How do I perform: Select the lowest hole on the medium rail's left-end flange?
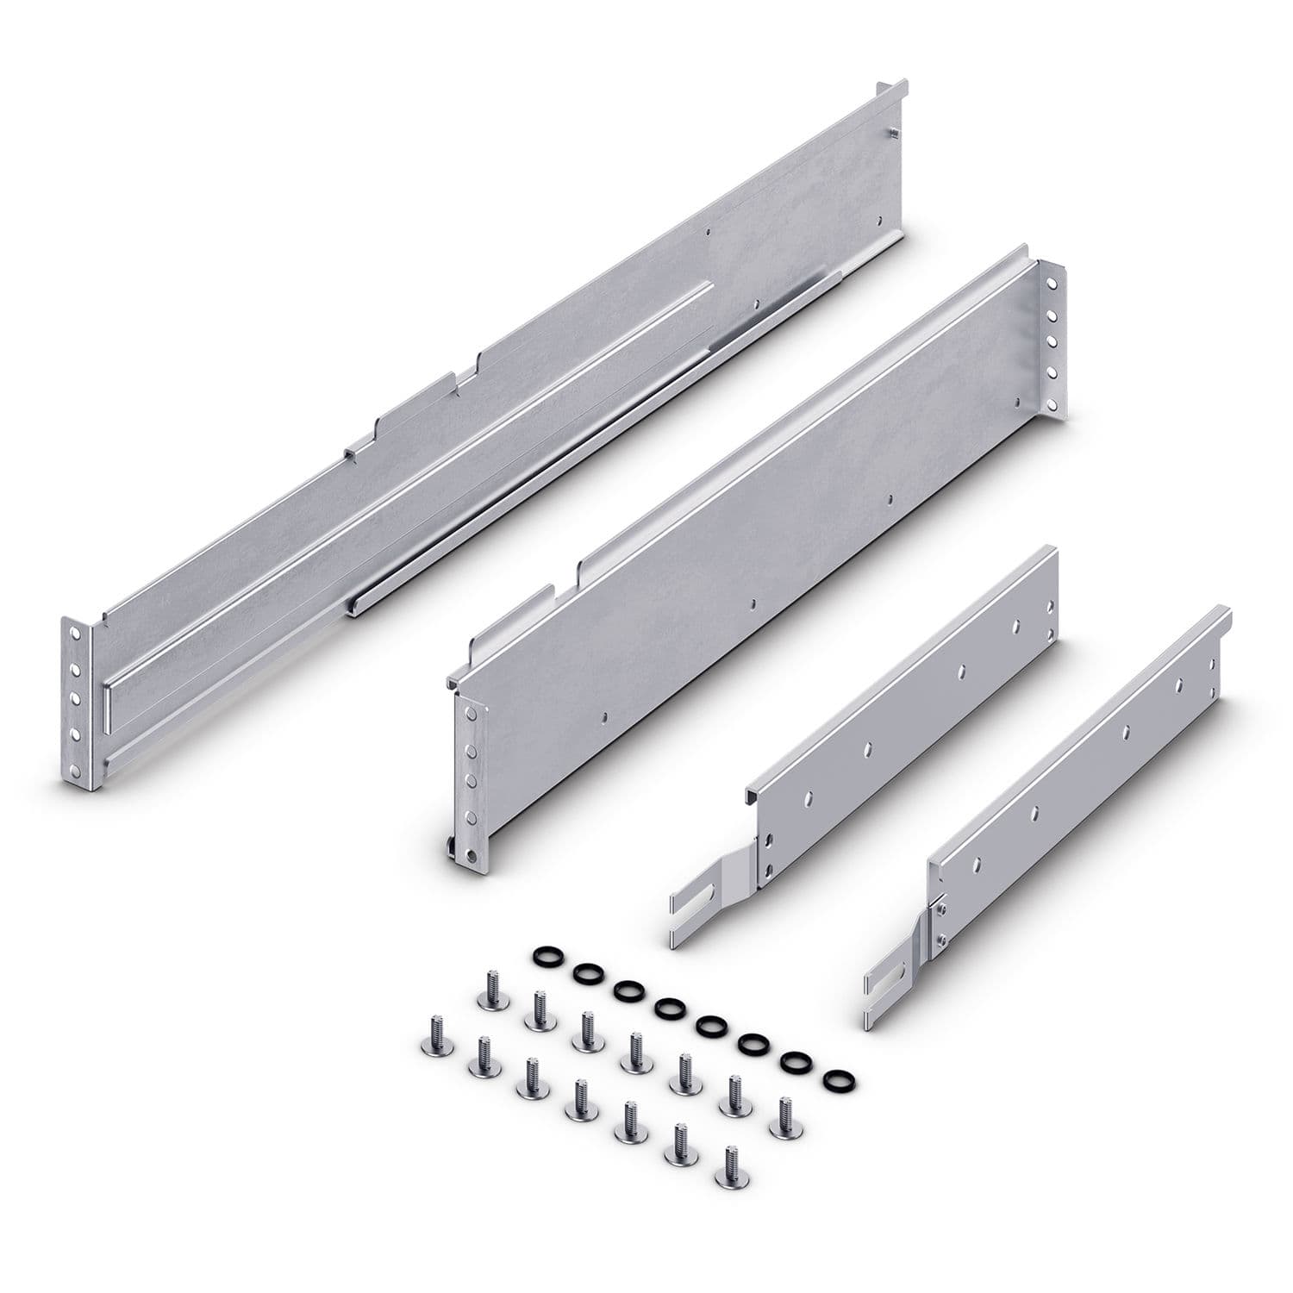click(471, 854)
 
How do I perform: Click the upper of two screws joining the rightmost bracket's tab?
click(941, 907)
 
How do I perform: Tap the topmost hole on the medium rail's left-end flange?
click(471, 713)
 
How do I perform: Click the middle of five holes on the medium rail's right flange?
click(1051, 340)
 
